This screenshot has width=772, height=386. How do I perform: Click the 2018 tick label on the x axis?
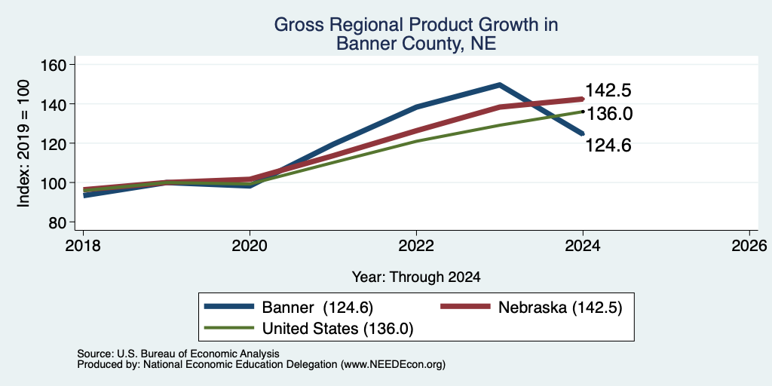(x=83, y=245)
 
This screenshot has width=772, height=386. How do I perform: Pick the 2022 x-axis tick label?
(x=416, y=245)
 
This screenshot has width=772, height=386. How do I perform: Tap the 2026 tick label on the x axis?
(x=749, y=245)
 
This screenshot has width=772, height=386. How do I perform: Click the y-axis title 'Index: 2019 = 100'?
(x=23, y=143)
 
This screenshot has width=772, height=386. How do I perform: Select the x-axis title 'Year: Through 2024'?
(x=416, y=277)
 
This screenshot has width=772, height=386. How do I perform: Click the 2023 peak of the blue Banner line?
(x=499, y=84)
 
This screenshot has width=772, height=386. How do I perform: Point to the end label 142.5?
(x=608, y=90)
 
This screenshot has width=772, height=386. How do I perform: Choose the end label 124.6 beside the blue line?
(x=608, y=146)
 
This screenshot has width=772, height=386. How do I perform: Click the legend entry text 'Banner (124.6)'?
(x=317, y=308)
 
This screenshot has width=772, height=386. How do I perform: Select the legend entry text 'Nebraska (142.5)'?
(x=560, y=308)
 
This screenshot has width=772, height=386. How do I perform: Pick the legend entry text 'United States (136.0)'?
(x=338, y=329)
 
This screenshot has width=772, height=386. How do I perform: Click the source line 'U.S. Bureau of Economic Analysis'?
(x=198, y=354)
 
